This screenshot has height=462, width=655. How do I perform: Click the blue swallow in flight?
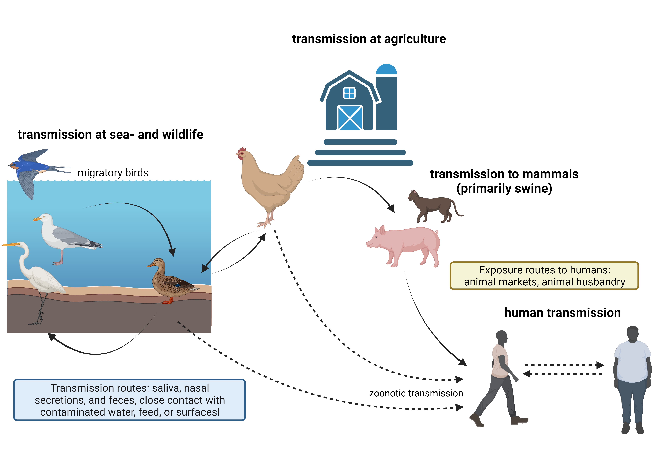click(x=31, y=168)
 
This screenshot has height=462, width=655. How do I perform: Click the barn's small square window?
click(x=349, y=93)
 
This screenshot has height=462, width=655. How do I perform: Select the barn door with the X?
click(x=350, y=118)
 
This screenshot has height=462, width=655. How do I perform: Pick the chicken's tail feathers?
click(x=297, y=168)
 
